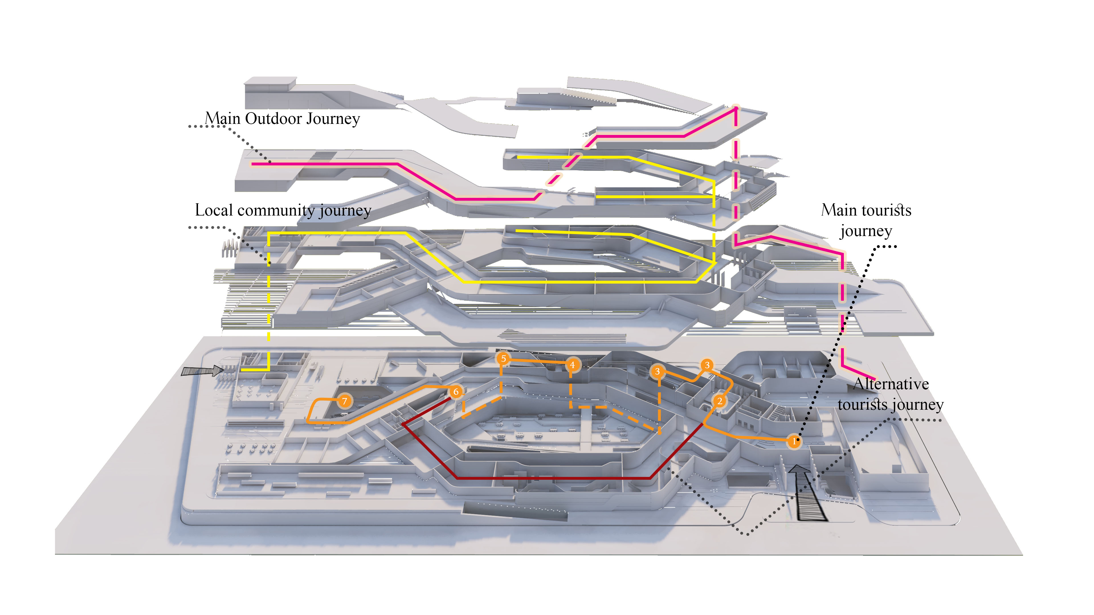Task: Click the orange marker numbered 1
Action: click(x=794, y=441)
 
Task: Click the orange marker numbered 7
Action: click(x=344, y=401)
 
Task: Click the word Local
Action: click(x=214, y=210)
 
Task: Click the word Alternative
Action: click(x=891, y=384)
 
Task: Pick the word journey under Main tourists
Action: click(x=866, y=231)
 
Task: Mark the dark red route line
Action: click(x=552, y=478)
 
